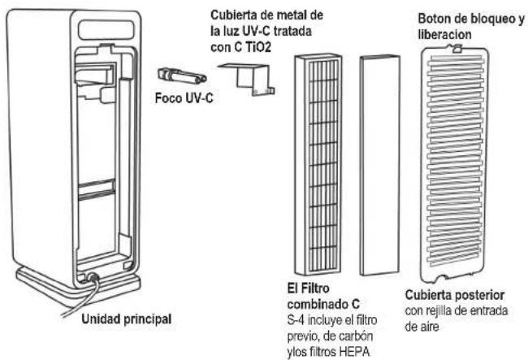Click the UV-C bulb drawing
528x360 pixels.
coord(181,78)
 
